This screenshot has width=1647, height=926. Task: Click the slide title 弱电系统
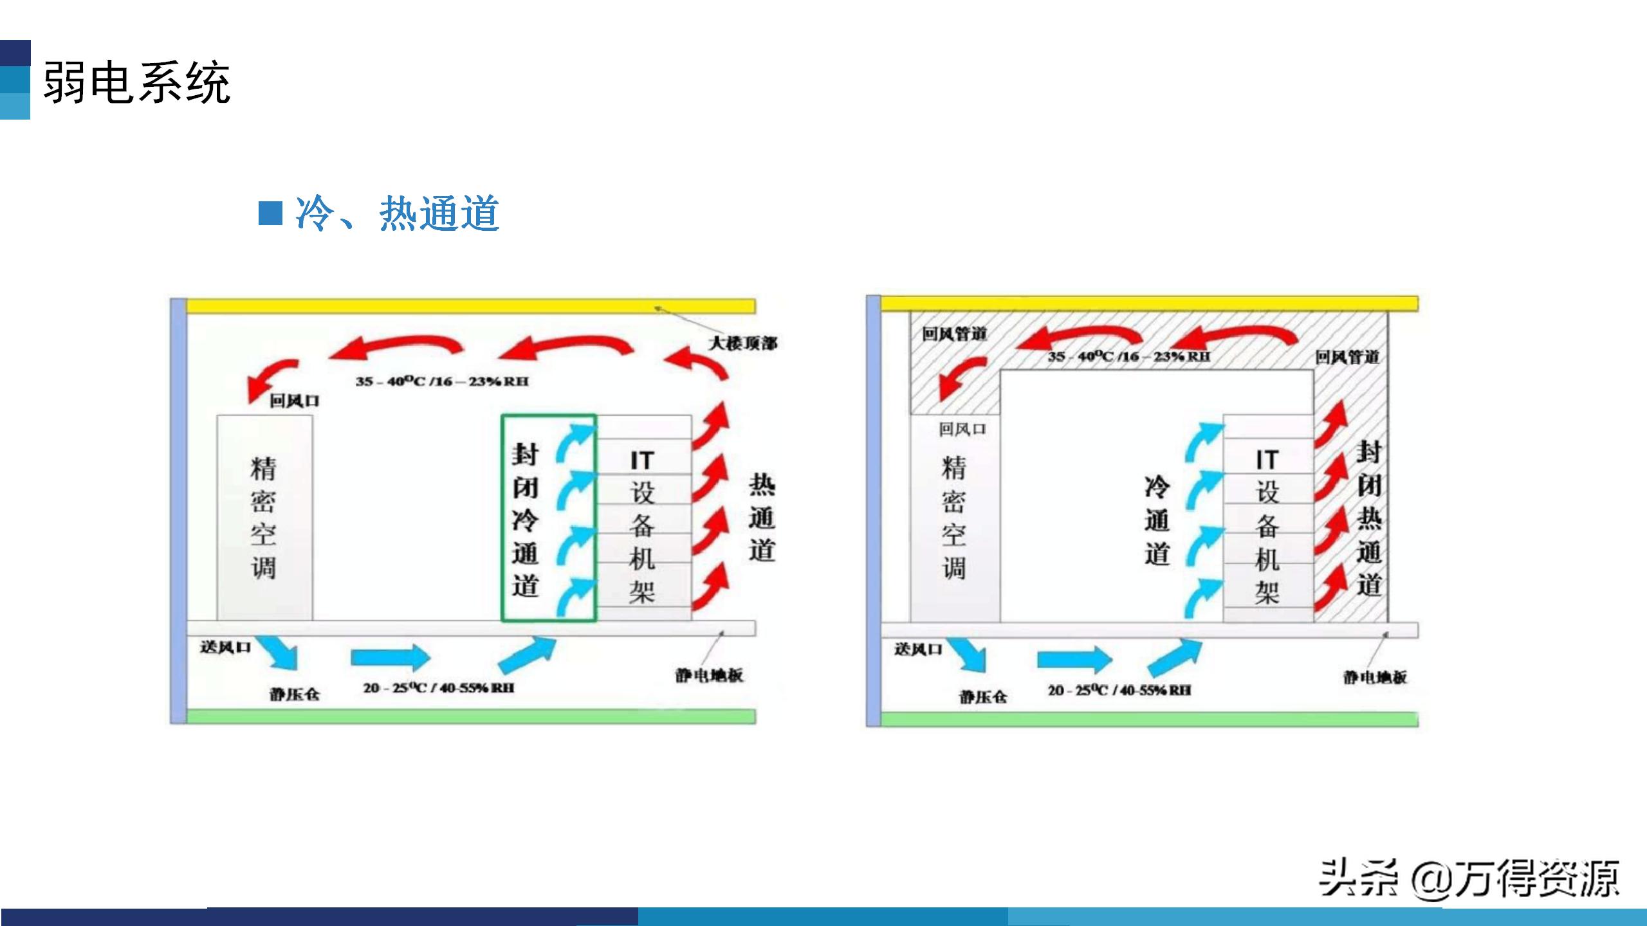click(x=136, y=82)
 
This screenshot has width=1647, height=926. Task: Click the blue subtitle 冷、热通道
click(x=397, y=213)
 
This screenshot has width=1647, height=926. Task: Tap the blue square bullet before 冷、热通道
click(x=270, y=213)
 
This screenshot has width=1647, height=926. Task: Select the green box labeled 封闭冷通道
click(x=548, y=518)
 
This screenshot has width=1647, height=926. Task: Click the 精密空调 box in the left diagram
click(x=264, y=518)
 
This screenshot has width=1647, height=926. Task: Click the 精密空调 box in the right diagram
click(x=955, y=518)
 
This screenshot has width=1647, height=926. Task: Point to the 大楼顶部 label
click(x=742, y=343)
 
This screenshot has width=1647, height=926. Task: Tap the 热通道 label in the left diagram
click(x=762, y=518)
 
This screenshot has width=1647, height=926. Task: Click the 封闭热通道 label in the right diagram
click(x=1369, y=518)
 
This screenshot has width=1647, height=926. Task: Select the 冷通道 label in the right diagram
click(x=1157, y=520)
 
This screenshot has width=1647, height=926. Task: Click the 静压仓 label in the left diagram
click(x=295, y=694)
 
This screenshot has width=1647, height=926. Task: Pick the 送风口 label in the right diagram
click(x=918, y=649)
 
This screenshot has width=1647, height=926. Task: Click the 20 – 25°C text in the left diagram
click(x=439, y=688)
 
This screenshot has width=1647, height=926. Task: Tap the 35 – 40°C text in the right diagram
click(x=1129, y=356)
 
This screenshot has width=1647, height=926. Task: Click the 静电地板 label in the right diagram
click(x=1375, y=676)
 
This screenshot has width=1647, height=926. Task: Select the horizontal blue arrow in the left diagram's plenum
click(x=390, y=657)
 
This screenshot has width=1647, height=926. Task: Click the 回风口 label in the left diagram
click(x=294, y=401)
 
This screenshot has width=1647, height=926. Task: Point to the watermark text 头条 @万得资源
click(x=1469, y=878)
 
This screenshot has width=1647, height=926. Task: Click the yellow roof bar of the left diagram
click(x=470, y=305)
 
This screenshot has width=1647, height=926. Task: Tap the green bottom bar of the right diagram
click(x=1148, y=719)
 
